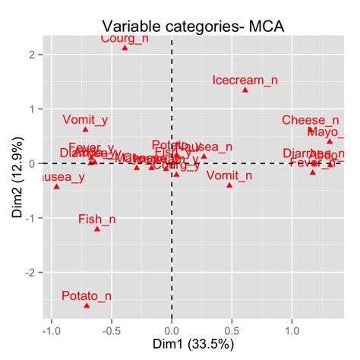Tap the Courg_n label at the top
[125, 38]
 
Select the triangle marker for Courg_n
[125, 48]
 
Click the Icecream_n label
[244, 80]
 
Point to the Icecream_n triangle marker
[245, 90]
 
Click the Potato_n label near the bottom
[86, 295]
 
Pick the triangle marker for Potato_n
[87, 305]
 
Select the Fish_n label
[96, 219]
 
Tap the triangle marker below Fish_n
[96, 229]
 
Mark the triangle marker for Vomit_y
[86, 129]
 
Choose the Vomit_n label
[229, 175]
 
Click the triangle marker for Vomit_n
[229, 185]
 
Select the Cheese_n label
[310, 120]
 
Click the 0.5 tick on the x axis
[232, 331]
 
